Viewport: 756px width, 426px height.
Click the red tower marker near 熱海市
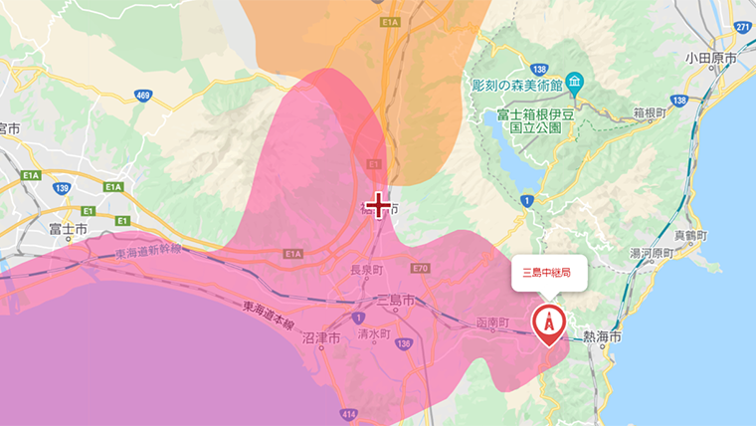pyautogui.click(x=548, y=322)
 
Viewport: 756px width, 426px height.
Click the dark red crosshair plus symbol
pyautogui.click(x=378, y=206)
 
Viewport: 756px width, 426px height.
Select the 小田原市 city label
pyautogui.click(x=710, y=59)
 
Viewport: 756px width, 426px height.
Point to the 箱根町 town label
pyautogui.click(x=655, y=113)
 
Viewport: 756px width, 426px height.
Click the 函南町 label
pyautogui.click(x=492, y=324)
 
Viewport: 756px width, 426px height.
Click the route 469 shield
pyautogui.click(x=143, y=96)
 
